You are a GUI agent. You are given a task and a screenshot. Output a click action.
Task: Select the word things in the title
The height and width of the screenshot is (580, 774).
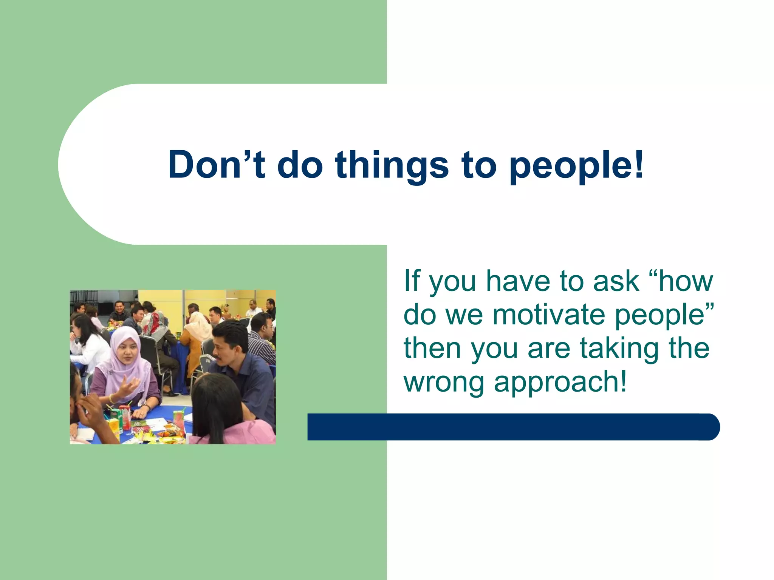(x=392, y=165)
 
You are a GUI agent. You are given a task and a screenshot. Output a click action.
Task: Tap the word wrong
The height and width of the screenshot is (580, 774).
(x=444, y=382)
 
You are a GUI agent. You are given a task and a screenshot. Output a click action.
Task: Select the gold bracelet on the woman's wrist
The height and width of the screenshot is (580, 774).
(x=111, y=398)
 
